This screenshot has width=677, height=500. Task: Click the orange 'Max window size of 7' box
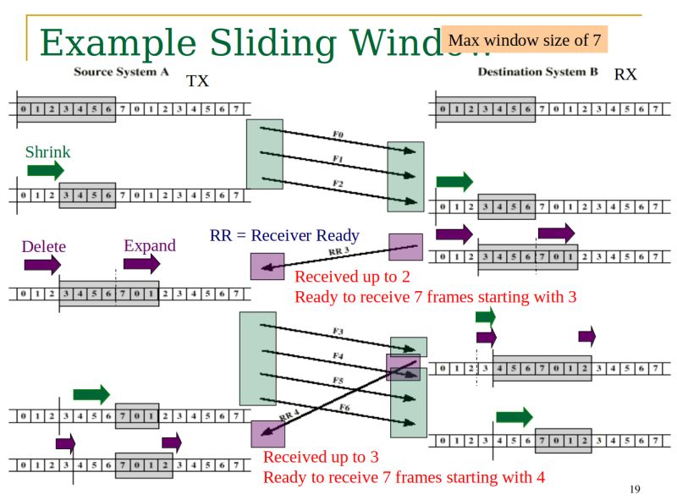[x=524, y=41]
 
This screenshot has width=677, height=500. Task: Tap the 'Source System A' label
[x=120, y=72]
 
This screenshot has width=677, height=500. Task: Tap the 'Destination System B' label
[x=537, y=72]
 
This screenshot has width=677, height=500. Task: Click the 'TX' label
[x=197, y=81]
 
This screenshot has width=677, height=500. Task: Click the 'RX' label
[x=625, y=75]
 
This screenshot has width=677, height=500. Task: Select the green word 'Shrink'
[x=47, y=152]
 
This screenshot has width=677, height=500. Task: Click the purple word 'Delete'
[x=43, y=247]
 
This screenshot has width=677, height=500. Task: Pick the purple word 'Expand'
[x=150, y=245]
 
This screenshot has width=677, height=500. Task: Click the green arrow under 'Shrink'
[x=45, y=171]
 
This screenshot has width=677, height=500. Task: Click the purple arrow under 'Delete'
[x=42, y=266]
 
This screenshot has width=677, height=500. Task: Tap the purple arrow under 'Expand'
[x=141, y=264]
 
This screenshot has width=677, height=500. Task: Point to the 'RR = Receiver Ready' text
[x=284, y=236]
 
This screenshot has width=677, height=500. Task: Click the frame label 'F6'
[x=344, y=408]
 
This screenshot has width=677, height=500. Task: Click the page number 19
[x=635, y=489]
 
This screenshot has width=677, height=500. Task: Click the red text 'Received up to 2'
[x=352, y=277]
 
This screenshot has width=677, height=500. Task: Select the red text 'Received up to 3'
[x=321, y=458]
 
